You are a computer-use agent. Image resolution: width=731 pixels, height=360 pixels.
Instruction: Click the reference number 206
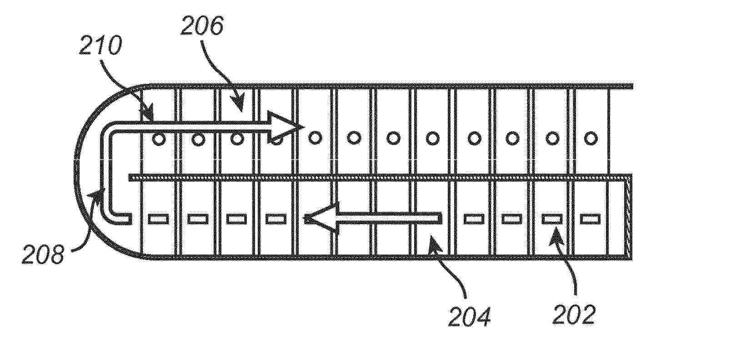coord(202,25)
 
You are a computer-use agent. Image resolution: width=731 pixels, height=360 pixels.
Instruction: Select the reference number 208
coord(43,255)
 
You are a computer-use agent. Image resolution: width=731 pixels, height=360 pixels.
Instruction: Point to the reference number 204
coord(470,316)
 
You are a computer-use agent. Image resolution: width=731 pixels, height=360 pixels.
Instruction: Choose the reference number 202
coord(574,314)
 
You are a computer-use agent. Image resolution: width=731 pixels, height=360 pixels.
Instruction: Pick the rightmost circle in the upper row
coord(591,138)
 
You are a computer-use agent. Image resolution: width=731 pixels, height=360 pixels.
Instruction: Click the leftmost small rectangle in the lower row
coord(159,219)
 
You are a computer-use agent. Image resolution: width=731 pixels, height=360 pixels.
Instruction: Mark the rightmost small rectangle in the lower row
coord(590,219)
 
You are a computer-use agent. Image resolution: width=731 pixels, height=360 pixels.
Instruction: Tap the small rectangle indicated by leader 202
coord(552,219)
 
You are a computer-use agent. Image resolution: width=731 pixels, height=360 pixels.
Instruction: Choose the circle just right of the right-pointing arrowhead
coord(315,137)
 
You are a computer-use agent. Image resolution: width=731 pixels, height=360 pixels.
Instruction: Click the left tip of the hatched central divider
coord(129,178)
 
